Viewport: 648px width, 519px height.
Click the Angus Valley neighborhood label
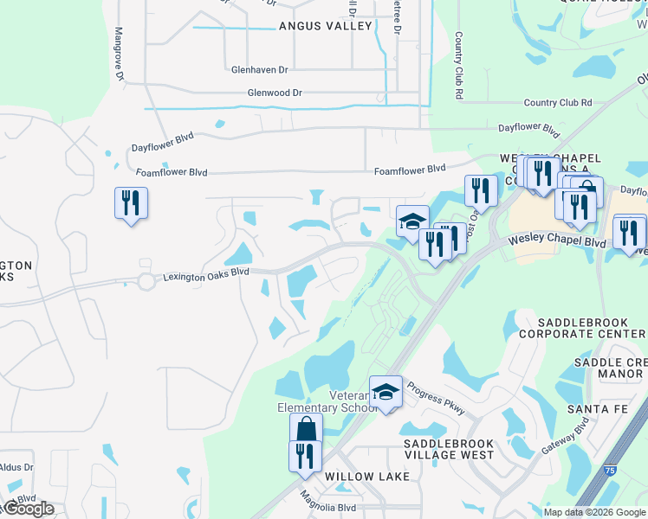pyautogui.click(x=325, y=26)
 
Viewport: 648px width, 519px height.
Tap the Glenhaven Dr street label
pyautogui.click(x=259, y=69)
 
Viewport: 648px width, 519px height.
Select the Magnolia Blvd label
pyautogui.click(x=328, y=502)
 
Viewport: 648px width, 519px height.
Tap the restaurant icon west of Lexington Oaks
pyautogui.click(x=131, y=203)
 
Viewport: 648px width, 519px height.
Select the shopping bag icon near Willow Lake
pyautogui.click(x=306, y=429)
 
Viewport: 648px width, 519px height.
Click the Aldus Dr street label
pyautogui.click(x=16, y=467)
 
